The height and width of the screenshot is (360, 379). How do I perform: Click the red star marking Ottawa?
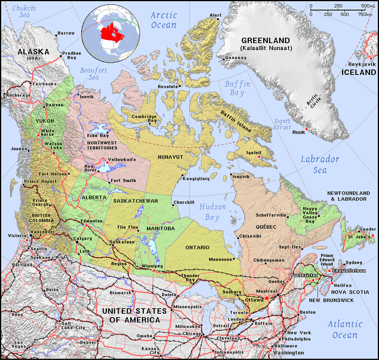click(266, 298)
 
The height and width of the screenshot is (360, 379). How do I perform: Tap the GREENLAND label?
click(265, 41)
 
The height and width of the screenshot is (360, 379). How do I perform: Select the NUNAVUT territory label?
click(171, 157)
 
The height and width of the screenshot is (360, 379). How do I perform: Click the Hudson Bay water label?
click(212, 212)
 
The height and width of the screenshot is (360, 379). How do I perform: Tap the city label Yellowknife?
click(122, 160)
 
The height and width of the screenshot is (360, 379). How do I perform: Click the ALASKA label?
click(33, 52)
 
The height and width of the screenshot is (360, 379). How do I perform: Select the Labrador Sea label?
click(320, 164)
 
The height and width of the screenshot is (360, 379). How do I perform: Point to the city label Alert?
click(215, 15)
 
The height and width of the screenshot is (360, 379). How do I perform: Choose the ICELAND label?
click(358, 72)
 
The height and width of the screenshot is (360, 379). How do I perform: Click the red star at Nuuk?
click(307, 129)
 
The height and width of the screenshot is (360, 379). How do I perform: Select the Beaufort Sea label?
click(93, 74)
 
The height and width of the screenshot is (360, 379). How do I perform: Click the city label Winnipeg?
click(152, 266)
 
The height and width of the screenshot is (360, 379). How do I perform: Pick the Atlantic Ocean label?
click(344, 329)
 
